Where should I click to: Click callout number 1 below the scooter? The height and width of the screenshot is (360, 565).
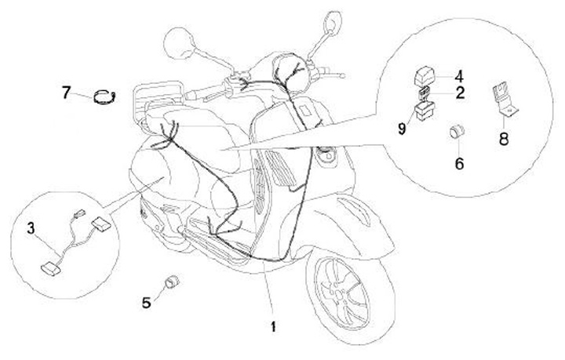coord(274,326)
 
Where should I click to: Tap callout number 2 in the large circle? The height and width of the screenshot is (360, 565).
coord(460,93)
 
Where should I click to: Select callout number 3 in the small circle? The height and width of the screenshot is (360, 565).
coord(31,228)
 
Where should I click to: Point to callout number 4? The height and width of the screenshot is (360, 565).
coord(459,77)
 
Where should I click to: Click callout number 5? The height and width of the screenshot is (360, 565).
coord(146,303)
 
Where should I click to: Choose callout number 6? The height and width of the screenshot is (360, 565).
coord(459,164)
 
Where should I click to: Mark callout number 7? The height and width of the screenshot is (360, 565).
coord(66,93)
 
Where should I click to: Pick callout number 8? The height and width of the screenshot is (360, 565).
coord(504,139)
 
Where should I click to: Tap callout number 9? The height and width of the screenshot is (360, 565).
coord(402,129)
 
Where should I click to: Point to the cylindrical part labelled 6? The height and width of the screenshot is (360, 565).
coord(456,132)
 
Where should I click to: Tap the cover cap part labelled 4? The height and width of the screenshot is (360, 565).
coord(424,76)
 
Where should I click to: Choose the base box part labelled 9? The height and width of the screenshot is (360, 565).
coord(424,111)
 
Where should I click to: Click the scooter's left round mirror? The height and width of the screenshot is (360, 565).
coord(179,43)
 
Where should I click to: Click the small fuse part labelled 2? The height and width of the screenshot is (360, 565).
coord(424,93)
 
